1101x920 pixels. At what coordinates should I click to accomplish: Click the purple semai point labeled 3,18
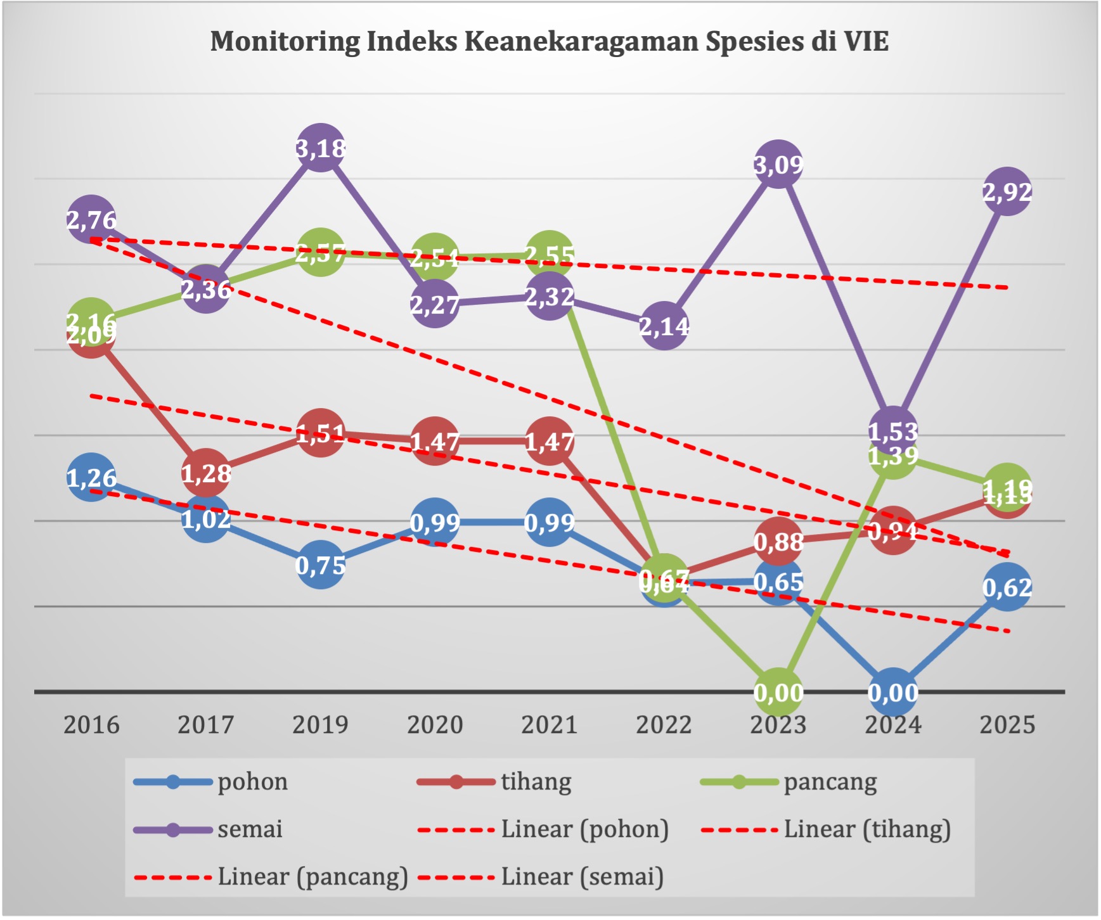pyautogui.click(x=320, y=148)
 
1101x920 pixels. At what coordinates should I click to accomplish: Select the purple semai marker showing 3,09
pyautogui.click(x=778, y=164)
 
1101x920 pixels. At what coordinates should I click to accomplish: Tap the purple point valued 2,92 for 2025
pyautogui.click(x=1007, y=191)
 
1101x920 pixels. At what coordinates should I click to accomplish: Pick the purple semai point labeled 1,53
pyautogui.click(x=892, y=431)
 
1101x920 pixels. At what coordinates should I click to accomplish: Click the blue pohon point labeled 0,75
pyautogui.click(x=320, y=565)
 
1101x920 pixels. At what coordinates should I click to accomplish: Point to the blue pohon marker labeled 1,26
pyautogui.click(x=91, y=477)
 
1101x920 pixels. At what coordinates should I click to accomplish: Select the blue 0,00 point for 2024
pyautogui.click(x=892, y=692)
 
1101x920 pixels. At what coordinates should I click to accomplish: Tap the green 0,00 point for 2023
pyautogui.click(x=778, y=692)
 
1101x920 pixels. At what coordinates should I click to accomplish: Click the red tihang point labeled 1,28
pyautogui.click(x=206, y=473)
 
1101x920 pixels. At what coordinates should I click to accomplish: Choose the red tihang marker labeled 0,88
pyautogui.click(x=778, y=541)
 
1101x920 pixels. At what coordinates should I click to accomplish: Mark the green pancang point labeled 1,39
pyautogui.click(x=892, y=455)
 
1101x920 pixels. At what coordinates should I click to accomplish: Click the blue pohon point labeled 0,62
pyautogui.click(x=1007, y=587)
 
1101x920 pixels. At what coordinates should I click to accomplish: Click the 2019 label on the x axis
pyautogui.click(x=320, y=725)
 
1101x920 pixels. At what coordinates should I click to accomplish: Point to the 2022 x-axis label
pyautogui.click(x=664, y=725)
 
